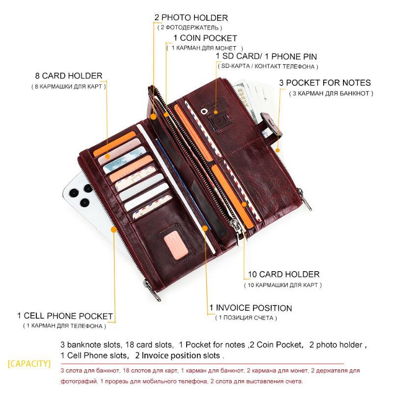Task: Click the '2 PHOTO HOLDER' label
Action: [191, 18]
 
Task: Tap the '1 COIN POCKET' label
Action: [205, 38]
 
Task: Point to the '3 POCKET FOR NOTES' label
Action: [325, 83]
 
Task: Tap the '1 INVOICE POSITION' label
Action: [251, 308]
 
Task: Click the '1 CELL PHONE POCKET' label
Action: [65, 316]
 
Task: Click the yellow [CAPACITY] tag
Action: [29, 364]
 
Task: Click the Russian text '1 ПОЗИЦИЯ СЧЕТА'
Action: [246, 318]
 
